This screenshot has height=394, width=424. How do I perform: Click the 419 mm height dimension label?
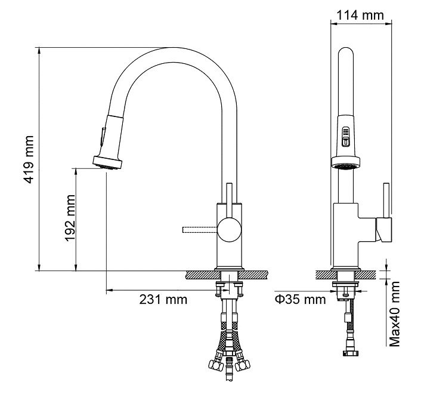point(29,159)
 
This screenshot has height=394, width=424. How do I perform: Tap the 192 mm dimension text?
point(70,218)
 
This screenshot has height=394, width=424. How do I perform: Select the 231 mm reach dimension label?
point(163,300)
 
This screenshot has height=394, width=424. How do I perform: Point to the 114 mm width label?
point(360,15)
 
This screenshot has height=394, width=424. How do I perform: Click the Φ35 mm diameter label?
point(300,299)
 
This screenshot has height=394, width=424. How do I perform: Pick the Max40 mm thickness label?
point(395,314)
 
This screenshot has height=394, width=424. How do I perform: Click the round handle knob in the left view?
point(230,230)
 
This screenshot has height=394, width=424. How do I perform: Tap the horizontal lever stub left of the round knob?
point(200,230)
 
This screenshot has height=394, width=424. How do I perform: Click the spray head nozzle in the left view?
point(107,163)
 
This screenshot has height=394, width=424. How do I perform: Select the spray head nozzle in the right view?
point(346,164)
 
